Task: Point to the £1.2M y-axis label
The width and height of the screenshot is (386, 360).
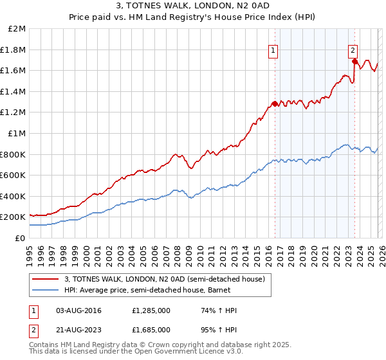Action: (x=14, y=113)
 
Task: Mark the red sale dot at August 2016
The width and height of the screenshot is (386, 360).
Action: (x=275, y=104)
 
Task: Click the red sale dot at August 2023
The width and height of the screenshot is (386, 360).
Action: (x=354, y=62)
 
